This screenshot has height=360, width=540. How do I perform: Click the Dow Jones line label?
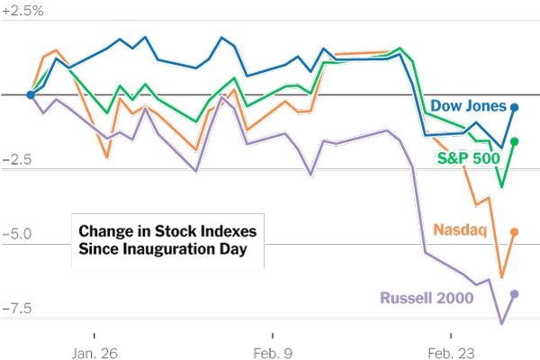pos(468,105)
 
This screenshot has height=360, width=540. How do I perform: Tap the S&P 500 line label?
pos(468,158)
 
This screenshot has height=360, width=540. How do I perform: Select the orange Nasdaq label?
pos(460,229)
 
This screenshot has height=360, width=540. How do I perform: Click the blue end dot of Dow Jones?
pos(514,107)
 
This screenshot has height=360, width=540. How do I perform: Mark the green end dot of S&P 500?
pos(514,141)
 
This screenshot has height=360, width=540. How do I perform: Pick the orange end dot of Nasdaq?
pos(514,232)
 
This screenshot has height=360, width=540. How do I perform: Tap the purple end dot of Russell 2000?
pos(514,293)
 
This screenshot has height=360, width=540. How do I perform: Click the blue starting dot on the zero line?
pos(31,94)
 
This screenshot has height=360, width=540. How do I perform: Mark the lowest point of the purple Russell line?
pos(502,322)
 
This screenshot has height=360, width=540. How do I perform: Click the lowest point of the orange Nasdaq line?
pos(501,278)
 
